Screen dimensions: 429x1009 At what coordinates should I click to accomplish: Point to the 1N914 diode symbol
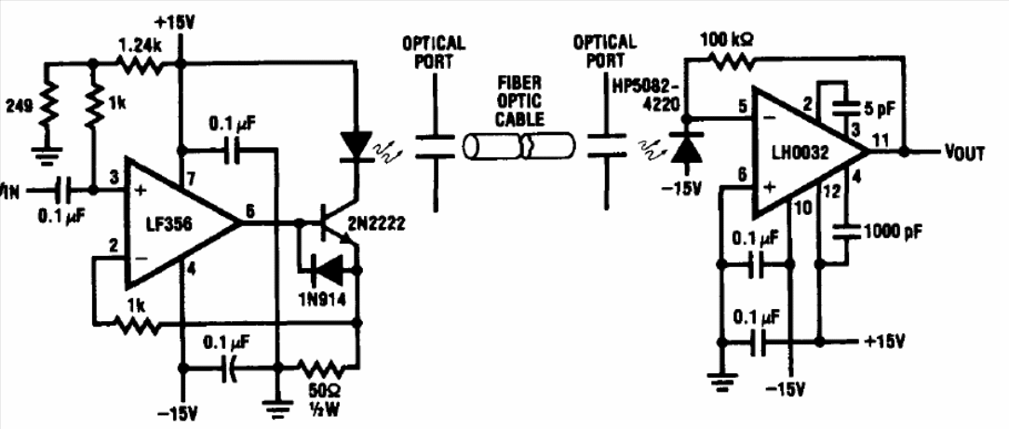pyautogui.click(x=328, y=269)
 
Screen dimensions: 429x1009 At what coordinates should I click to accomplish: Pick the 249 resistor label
pyautogui.click(x=19, y=106)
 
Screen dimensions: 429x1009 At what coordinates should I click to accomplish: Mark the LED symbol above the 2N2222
pyautogui.click(x=357, y=144)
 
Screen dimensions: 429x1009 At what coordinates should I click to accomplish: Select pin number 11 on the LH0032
pyautogui.click(x=880, y=141)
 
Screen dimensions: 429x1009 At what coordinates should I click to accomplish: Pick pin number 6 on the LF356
pyautogui.click(x=250, y=210)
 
